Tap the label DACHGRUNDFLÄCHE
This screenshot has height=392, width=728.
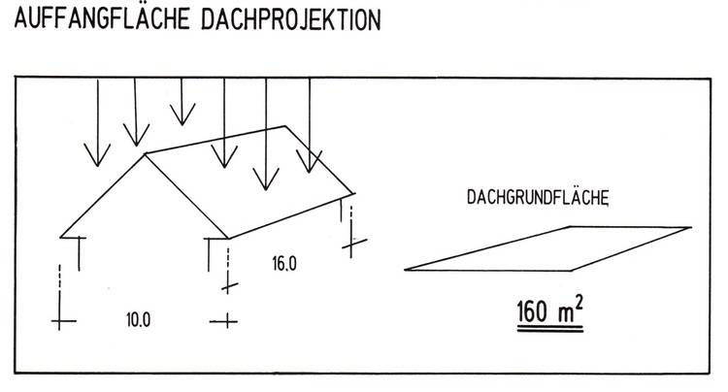pos(537,198)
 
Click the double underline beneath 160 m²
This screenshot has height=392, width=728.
pos(548,332)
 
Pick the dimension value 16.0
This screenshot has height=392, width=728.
pos(283,262)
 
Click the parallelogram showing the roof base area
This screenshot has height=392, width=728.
pos(547,247)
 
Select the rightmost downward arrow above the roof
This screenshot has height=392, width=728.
pos(309,126)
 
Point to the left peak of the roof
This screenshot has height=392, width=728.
pos(145,152)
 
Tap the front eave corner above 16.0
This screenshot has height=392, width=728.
pos(226,236)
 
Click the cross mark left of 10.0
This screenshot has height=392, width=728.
pos(63,319)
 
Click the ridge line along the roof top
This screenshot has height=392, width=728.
pos(215,139)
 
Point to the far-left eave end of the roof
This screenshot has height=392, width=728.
pos(61,235)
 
